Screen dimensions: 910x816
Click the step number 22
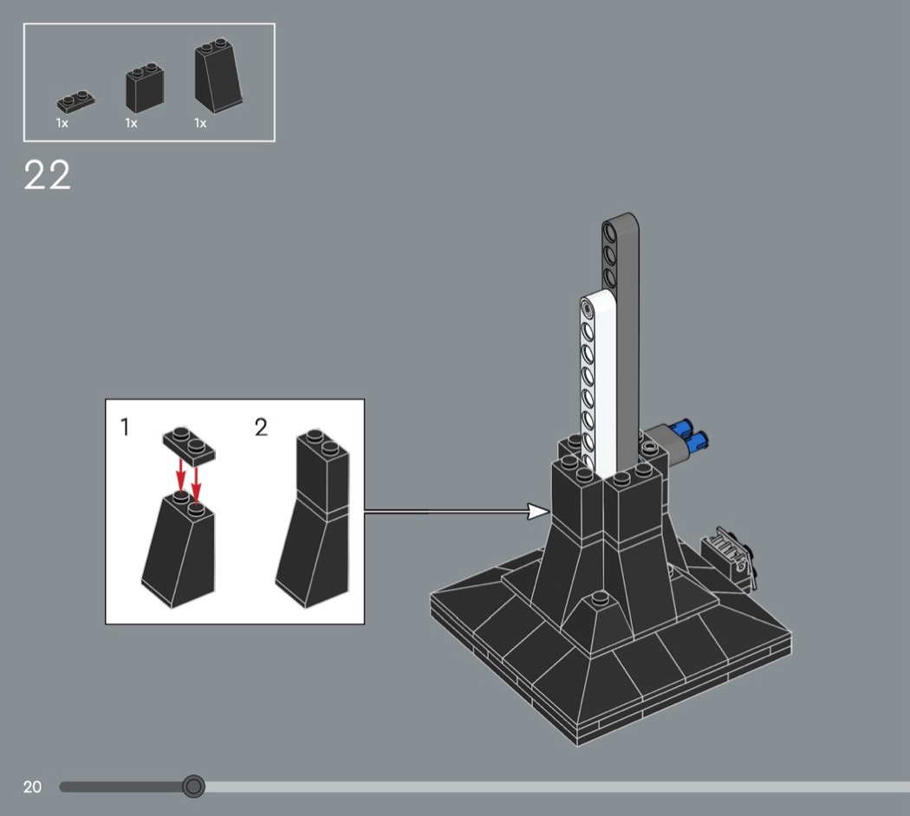(47, 175)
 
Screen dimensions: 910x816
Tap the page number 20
(33, 787)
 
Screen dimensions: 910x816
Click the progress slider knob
(193, 787)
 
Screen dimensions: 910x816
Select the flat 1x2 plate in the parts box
(75, 100)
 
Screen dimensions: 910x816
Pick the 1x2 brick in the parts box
(145, 87)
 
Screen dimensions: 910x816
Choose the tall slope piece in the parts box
(218, 76)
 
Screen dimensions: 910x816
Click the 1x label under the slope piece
(200, 123)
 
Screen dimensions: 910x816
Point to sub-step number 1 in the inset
(124, 427)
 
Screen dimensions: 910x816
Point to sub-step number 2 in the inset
(261, 427)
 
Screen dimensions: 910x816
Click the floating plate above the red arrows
(189, 445)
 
